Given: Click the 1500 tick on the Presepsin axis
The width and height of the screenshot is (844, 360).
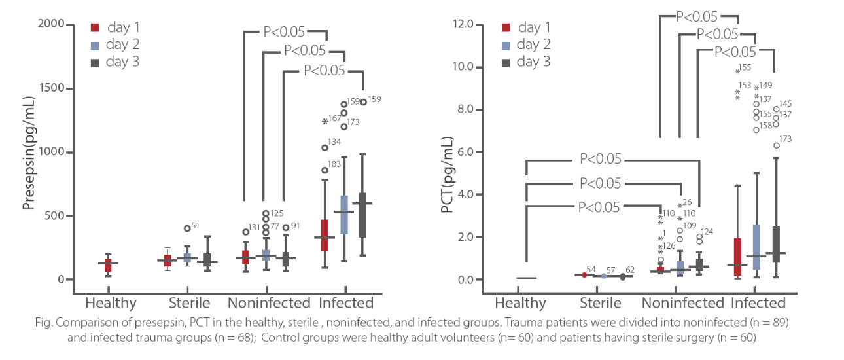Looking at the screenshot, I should [x=56, y=88].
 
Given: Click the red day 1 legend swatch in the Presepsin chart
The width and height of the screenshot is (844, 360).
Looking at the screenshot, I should [x=95, y=27].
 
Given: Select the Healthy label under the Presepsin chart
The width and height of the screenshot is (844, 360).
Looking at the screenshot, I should [x=111, y=303].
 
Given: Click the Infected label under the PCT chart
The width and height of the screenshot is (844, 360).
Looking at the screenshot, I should [x=758, y=303].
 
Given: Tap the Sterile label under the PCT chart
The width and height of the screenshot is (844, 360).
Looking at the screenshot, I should [x=601, y=303].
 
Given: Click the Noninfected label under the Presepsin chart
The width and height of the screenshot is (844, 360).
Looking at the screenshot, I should [x=269, y=303].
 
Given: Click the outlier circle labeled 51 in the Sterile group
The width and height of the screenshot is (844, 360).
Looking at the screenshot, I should [x=187, y=228].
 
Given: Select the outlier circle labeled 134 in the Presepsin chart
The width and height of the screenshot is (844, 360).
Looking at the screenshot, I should [x=325, y=147].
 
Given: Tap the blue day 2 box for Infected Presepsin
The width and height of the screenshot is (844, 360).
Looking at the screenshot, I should [x=344, y=214].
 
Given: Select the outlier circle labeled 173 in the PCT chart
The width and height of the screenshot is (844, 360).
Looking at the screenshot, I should [x=777, y=145].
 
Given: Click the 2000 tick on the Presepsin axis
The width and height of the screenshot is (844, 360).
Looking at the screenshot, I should [x=56, y=24].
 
